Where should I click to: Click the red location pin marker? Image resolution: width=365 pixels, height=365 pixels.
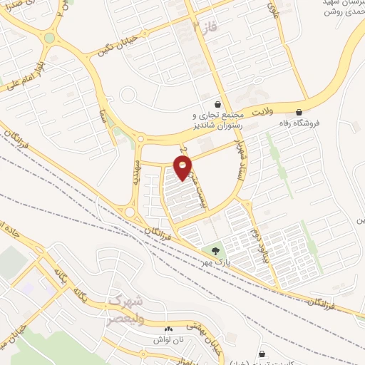[183, 168]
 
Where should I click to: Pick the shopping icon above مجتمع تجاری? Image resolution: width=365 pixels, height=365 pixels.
[217, 104]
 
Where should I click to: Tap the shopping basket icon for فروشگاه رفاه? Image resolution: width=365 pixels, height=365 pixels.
[298, 111]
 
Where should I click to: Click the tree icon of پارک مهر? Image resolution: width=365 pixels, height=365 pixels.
[215, 250]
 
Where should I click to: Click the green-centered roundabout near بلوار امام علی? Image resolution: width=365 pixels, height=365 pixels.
[49, 38]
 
